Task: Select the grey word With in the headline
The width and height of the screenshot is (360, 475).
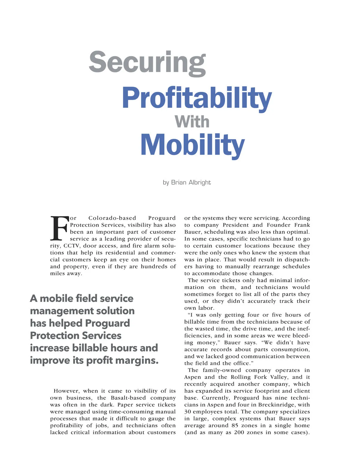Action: coord(192,122)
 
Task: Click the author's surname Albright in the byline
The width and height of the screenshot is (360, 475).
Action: coord(200,183)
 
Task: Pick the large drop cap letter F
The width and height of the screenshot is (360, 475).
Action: coord(59,228)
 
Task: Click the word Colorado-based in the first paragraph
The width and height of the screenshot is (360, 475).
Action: coord(112,218)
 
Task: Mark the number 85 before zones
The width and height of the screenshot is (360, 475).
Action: coord(235,425)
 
